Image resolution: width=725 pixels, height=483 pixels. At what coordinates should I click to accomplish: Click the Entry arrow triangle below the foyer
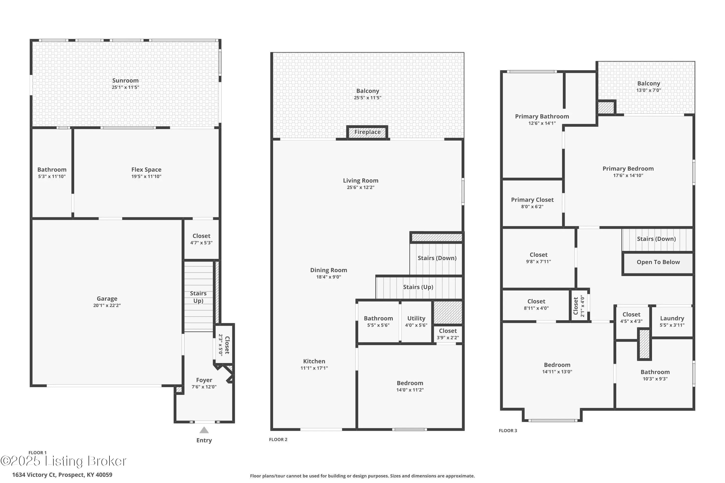(204, 430)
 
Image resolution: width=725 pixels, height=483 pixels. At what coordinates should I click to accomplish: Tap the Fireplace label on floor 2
(367, 132)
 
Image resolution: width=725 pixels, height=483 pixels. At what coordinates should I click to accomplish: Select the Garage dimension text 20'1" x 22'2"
(107, 305)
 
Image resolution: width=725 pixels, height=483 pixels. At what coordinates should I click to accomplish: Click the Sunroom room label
(125, 80)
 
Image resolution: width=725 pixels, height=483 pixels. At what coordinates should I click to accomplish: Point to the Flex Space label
(146, 170)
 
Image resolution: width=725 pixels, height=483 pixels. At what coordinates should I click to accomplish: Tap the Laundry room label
(672, 318)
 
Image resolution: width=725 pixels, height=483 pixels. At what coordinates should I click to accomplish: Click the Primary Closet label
(532, 200)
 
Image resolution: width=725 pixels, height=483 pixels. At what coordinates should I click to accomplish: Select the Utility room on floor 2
(416, 321)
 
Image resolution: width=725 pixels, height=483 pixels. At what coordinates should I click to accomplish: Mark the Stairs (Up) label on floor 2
(418, 287)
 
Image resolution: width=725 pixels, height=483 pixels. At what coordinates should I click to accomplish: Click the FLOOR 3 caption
(508, 430)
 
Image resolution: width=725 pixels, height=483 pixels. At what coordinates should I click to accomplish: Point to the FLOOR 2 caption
(278, 439)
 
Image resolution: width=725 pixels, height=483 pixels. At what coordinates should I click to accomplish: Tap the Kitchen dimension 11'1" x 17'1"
(314, 368)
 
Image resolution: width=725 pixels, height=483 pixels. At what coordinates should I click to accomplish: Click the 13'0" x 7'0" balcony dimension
(649, 90)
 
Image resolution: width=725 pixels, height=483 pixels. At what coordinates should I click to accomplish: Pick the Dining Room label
(329, 270)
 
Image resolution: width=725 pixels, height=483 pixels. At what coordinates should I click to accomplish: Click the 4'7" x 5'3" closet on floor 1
(201, 239)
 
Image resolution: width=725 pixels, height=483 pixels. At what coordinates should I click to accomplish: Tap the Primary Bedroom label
(628, 169)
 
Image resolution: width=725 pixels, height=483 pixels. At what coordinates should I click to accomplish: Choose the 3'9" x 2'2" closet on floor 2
(448, 334)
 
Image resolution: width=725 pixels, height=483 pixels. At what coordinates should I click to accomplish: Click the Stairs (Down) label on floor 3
(656, 239)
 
